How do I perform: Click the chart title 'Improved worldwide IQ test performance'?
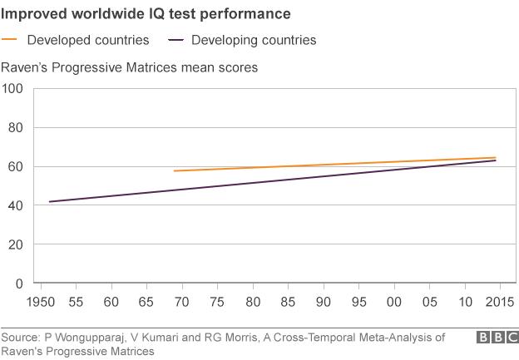click(146, 14)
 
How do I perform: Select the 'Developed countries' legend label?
click(88, 40)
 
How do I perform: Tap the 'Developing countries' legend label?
click(254, 40)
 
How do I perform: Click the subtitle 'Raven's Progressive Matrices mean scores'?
click(129, 67)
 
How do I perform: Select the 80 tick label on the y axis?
click(15, 128)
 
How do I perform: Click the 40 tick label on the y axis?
click(15, 205)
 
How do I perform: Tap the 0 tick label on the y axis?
click(18, 284)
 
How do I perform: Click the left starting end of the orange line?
click(174, 171)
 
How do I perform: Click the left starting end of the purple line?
click(50, 202)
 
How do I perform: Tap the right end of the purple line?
click(496, 160)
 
